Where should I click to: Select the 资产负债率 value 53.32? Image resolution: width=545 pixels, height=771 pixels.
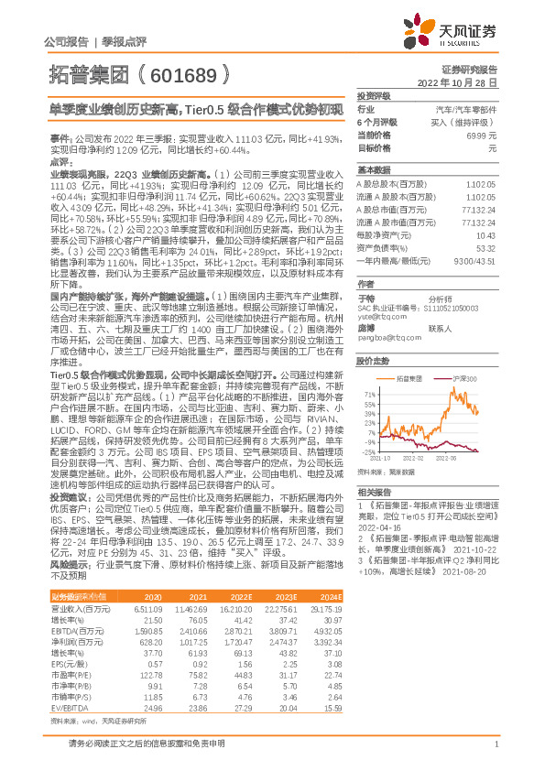[485, 247]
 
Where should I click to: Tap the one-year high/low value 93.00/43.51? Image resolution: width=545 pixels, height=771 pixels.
[477, 260]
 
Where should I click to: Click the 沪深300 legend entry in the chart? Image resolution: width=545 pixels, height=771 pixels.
[465, 377]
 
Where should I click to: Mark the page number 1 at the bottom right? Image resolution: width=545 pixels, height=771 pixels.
[496, 745]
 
